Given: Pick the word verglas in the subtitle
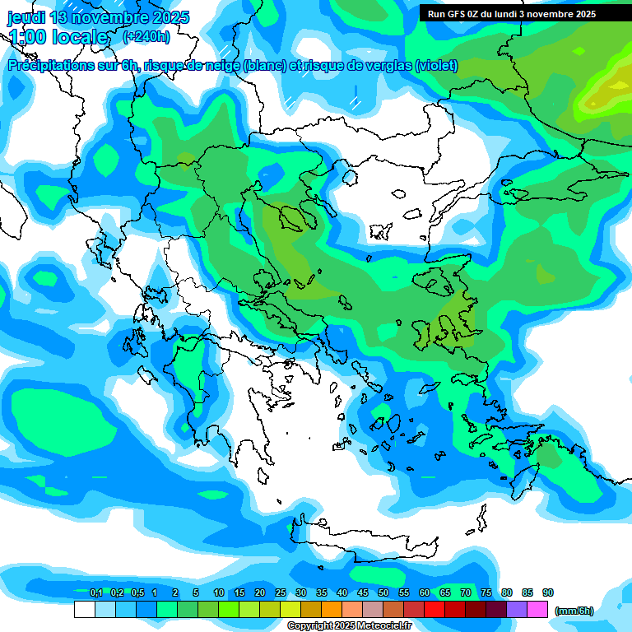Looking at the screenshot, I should pyautogui.click(x=385, y=66).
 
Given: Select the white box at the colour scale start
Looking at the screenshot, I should pyautogui.click(x=84, y=610).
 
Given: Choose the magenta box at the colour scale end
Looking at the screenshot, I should pyautogui.click(x=538, y=610).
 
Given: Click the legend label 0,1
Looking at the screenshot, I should pyautogui.click(x=95, y=593).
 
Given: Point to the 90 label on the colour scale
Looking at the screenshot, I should pyautogui.click(x=548, y=593).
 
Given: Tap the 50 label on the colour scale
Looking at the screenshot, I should pyautogui.click(x=383, y=593).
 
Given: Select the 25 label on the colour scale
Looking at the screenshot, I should pyautogui.click(x=281, y=593).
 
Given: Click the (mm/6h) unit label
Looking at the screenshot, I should pyautogui.click(x=574, y=611).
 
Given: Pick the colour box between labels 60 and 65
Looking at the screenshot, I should pyautogui.click(x=435, y=610).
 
